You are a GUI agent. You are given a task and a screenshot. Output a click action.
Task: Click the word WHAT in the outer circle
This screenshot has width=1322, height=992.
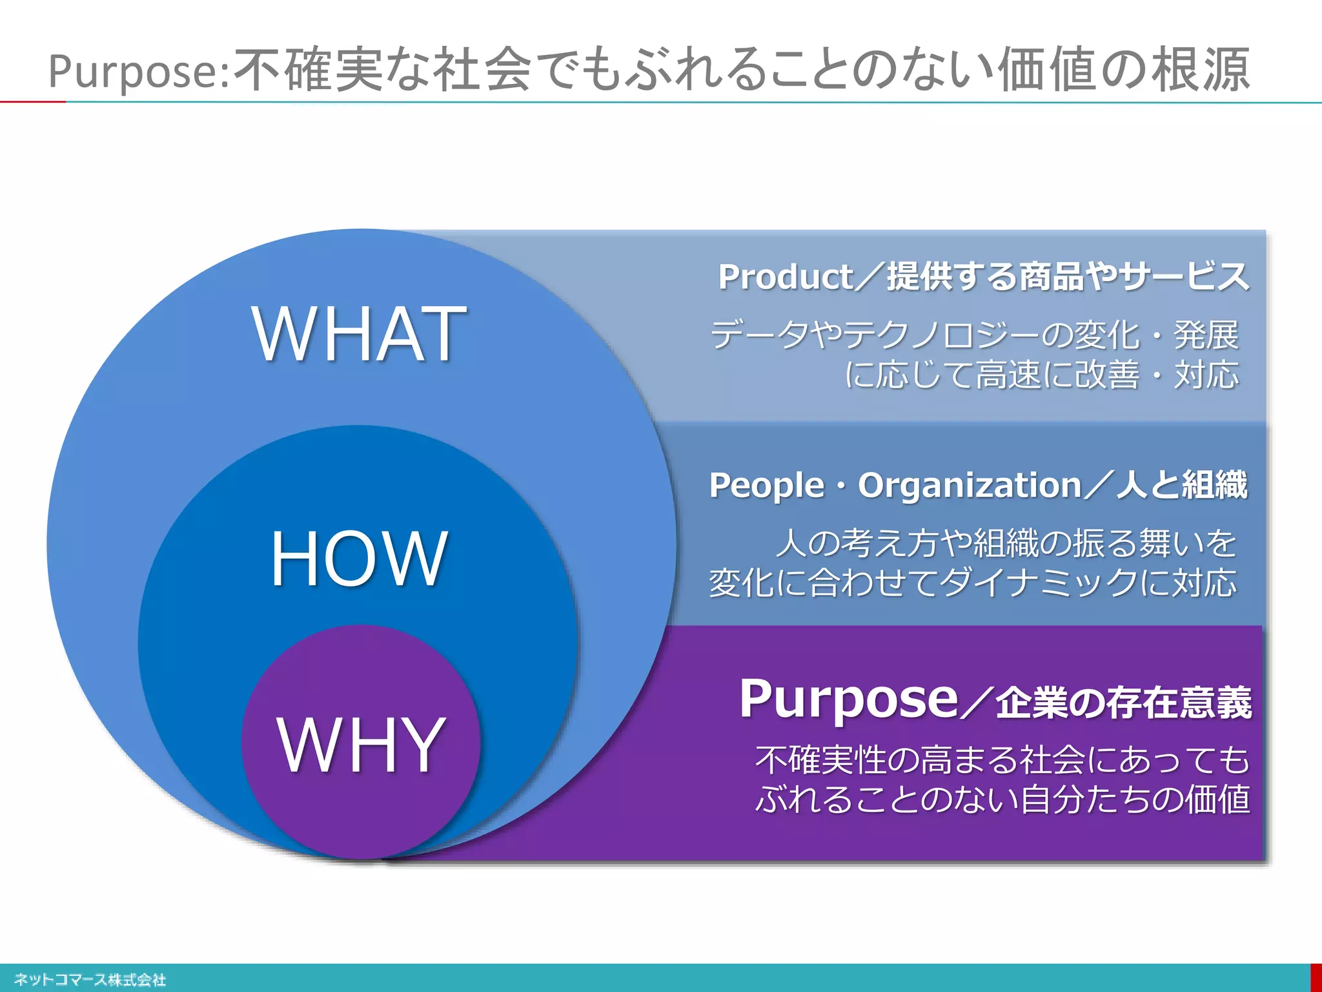click(x=359, y=334)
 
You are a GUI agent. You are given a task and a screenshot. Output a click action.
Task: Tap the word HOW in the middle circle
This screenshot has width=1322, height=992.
click(x=359, y=558)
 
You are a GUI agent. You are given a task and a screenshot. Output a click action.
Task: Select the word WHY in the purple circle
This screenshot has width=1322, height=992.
click(x=361, y=745)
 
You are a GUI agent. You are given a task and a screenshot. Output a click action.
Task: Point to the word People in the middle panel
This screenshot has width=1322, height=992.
click(x=766, y=485)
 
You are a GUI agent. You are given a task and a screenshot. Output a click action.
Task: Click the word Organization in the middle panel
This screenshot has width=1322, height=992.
click(x=969, y=485)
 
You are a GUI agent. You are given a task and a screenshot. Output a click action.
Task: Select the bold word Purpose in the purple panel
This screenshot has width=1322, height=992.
click(x=848, y=699)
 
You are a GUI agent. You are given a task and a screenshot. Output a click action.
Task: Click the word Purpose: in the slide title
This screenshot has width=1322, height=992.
click(x=139, y=71)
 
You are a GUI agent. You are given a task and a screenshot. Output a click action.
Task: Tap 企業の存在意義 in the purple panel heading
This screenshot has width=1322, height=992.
click(x=1123, y=703)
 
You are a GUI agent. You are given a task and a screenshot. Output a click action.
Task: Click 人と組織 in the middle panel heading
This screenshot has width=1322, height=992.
click(x=1182, y=485)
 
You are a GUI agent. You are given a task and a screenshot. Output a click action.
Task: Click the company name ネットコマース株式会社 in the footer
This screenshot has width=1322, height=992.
click(x=90, y=980)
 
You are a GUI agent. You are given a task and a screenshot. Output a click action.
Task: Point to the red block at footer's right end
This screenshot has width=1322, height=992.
click(x=1316, y=978)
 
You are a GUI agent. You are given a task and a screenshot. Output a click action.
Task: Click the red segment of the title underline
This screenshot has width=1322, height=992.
click(x=32, y=101)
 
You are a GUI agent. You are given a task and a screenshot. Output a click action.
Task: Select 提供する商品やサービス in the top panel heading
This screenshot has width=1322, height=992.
click(x=1068, y=277)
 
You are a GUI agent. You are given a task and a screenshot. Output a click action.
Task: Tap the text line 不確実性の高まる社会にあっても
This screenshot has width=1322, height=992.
click(x=1002, y=759)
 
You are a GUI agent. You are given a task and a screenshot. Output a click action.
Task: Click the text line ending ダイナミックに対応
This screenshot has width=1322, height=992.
click(x=972, y=583)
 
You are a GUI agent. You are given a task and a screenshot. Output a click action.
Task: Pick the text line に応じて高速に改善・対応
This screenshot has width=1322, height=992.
click(x=1041, y=375)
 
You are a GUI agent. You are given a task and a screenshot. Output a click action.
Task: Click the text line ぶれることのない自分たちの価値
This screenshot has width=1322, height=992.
click(x=1002, y=799)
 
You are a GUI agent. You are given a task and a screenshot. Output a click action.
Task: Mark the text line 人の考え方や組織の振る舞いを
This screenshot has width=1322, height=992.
click(x=1006, y=542)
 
